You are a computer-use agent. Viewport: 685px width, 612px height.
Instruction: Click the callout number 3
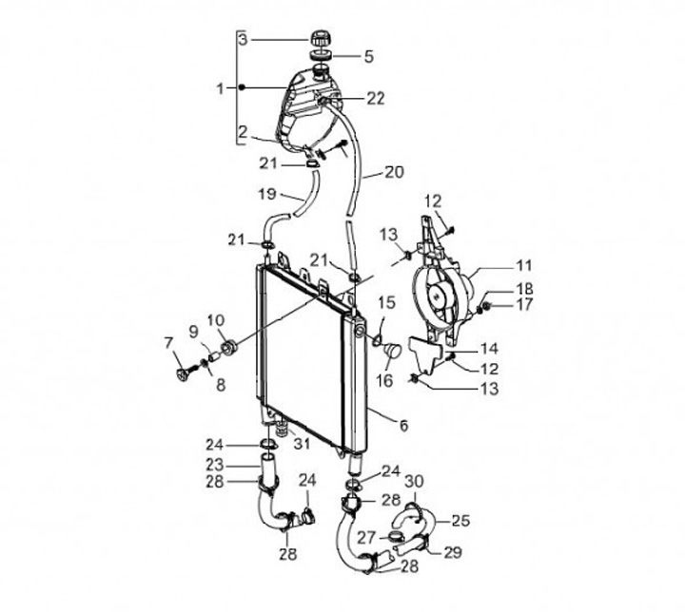(x=243, y=39)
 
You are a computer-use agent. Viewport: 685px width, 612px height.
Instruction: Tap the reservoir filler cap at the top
(x=323, y=38)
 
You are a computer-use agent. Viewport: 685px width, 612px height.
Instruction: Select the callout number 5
(x=369, y=56)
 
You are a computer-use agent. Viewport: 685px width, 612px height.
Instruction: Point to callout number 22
(x=375, y=98)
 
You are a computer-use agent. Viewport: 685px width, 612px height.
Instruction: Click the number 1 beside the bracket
(x=221, y=88)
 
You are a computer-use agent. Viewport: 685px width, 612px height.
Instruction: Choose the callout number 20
(x=394, y=172)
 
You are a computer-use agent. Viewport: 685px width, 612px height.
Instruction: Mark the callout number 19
(x=267, y=193)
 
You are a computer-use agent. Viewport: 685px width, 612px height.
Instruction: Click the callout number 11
(x=524, y=265)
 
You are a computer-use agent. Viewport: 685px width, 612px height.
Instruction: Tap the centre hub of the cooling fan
(x=437, y=296)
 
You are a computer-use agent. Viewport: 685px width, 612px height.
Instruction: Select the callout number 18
(x=524, y=288)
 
